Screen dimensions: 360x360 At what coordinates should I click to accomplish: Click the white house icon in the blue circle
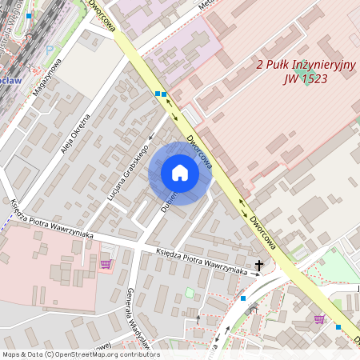180,172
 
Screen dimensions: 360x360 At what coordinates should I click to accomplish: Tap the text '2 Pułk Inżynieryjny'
305,64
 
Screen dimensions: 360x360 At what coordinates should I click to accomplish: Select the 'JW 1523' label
305,78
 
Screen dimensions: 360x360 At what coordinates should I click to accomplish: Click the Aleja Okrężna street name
75,133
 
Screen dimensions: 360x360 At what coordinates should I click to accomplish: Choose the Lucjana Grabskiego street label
128,172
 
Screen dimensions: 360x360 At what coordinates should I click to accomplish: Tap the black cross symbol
258,265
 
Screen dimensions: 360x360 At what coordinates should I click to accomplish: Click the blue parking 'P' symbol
49,49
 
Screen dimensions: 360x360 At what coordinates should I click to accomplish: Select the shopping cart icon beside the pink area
106,263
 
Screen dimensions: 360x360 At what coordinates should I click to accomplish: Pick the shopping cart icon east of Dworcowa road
319,318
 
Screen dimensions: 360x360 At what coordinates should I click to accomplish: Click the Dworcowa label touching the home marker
199,151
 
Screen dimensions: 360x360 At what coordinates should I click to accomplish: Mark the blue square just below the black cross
243,298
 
